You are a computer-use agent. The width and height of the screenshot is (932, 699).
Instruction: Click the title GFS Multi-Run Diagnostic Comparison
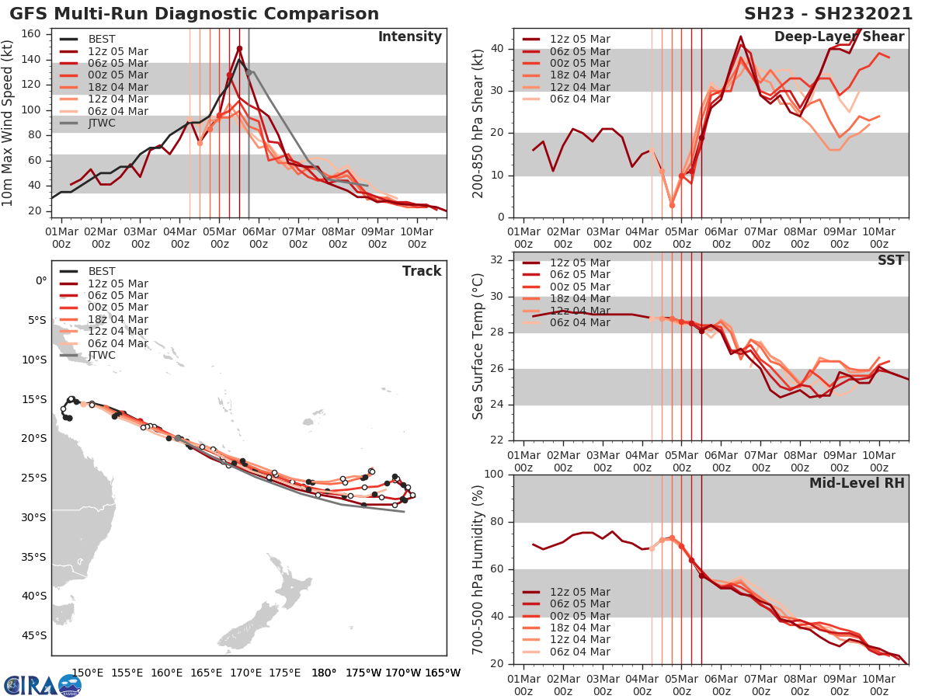click(194, 14)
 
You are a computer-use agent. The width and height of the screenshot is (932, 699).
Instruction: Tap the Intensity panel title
click(409, 37)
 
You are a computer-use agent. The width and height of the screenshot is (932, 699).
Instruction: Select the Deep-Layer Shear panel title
click(839, 37)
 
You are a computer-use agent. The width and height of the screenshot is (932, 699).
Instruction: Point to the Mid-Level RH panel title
click(857, 483)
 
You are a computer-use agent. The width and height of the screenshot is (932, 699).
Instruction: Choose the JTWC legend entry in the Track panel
click(102, 355)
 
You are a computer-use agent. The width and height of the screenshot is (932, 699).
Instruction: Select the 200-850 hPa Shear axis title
click(479, 123)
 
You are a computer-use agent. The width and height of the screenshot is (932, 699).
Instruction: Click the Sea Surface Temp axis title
click(479, 346)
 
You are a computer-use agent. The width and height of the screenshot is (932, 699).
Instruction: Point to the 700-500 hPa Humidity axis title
click(479, 569)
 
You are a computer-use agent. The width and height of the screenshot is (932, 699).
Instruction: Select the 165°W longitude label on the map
click(443, 673)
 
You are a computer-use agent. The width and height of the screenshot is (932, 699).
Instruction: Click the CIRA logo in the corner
click(42, 685)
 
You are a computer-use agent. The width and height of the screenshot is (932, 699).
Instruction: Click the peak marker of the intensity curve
click(239, 48)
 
